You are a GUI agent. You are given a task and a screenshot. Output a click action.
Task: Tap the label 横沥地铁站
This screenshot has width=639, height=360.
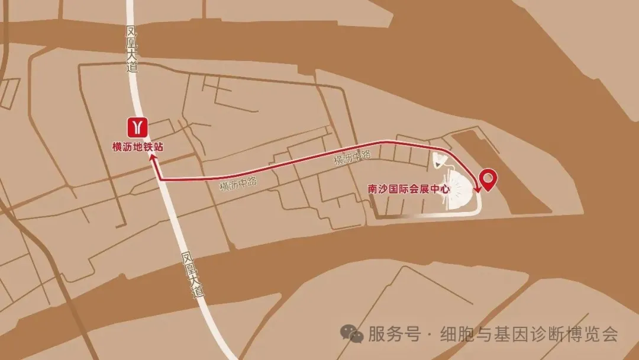138,146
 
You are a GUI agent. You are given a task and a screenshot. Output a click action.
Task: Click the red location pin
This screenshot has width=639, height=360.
488,179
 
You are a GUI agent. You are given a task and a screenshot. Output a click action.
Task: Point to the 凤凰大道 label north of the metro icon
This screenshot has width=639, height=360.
131,49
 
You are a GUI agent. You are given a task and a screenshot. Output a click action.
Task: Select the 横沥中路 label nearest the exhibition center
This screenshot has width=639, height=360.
352,157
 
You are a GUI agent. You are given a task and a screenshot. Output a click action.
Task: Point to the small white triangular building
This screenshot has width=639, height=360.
440,160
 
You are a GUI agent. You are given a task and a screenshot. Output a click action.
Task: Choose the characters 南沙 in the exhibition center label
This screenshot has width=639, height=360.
377,189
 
